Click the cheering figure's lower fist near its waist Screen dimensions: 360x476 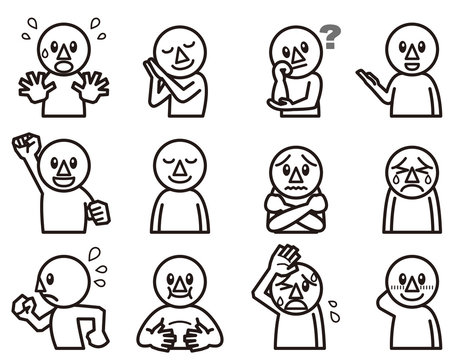[98, 213]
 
